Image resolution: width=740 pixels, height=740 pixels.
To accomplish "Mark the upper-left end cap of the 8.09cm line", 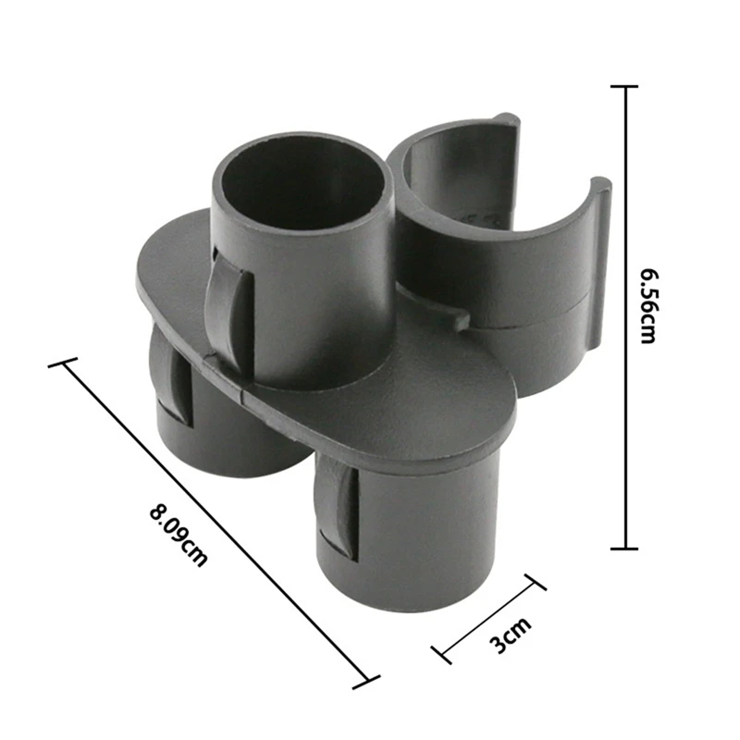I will pos(63,364).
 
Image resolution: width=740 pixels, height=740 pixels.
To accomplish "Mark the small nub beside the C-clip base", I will pos(460,320).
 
